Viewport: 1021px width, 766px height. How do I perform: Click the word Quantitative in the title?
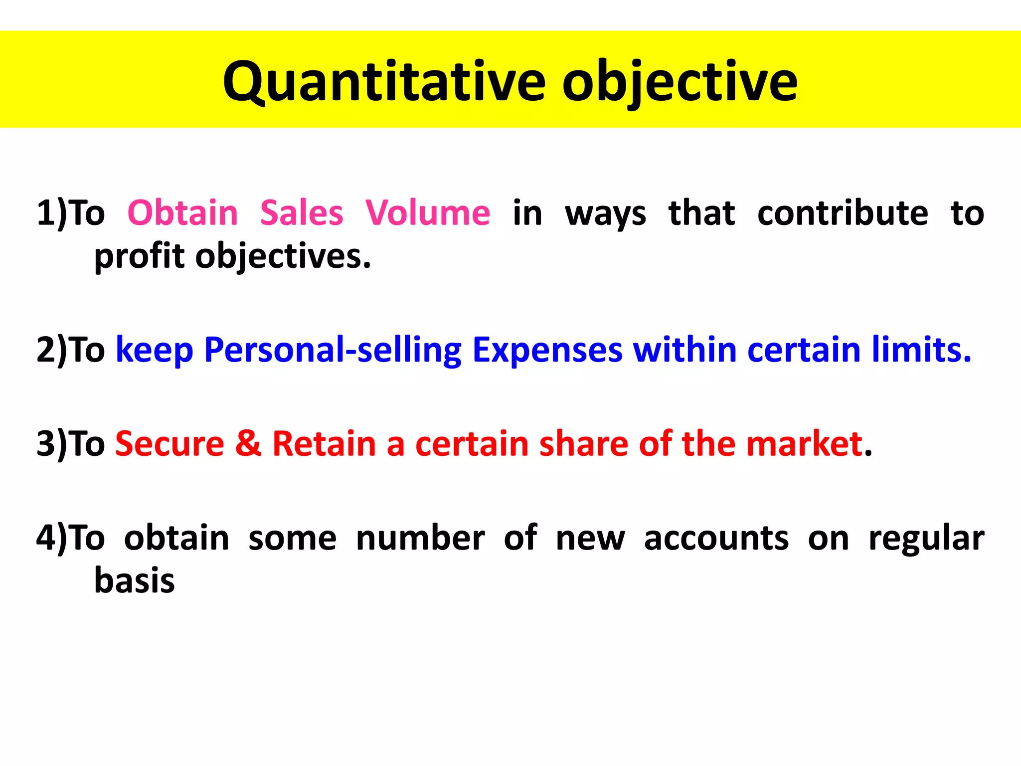pos(384,82)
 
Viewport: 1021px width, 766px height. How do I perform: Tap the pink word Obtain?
pos(183,213)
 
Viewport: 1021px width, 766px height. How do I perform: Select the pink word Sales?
pos(302,213)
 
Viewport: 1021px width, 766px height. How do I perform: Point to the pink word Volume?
pos(428,213)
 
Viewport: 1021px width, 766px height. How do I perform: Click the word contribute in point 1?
pos(843,213)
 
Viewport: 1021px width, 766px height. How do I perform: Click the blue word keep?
pos(155,350)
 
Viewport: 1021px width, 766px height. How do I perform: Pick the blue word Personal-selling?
pos(333,350)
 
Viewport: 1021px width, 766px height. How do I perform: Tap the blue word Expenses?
pos(547,350)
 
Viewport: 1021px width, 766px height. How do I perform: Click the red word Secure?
pos(170,444)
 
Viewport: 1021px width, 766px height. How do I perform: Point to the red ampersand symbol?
pos(248,444)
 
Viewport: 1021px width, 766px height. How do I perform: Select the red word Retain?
pos(324,444)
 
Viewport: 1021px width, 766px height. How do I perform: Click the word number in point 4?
pos(420,539)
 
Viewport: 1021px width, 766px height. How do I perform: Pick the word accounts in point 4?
pos(716,539)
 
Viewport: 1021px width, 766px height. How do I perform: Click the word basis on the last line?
pos(135,581)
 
